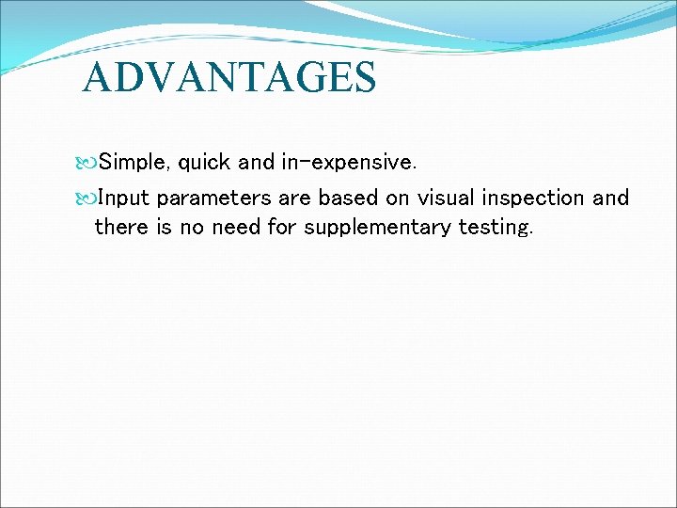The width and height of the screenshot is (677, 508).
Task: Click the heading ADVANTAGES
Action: point(228,77)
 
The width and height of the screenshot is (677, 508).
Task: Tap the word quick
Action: point(205,162)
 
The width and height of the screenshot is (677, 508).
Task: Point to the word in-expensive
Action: point(348,162)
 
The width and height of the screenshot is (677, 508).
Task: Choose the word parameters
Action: point(215,198)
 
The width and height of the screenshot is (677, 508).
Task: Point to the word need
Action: point(236,228)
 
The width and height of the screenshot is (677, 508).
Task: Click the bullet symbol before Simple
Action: point(89,163)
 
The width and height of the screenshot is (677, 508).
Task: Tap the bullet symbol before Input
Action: point(89,198)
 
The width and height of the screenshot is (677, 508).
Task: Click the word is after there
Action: point(164,228)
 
